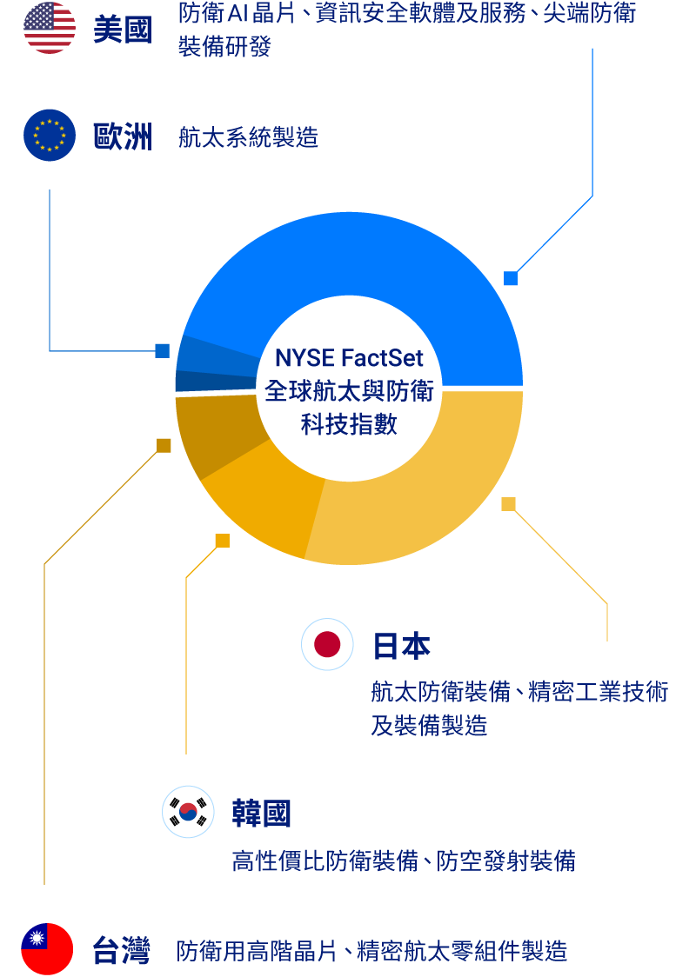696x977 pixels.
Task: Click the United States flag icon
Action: click(50, 28)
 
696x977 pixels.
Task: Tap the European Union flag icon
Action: click(50, 136)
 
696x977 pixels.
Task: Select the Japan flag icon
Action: click(327, 644)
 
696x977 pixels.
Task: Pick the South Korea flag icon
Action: click(188, 812)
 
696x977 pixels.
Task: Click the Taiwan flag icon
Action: click(47, 949)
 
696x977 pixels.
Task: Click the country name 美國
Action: click(123, 30)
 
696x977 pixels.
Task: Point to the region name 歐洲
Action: click(123, 137)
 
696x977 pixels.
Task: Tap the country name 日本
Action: click(401, 647)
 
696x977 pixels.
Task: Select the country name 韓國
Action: click(261, 814)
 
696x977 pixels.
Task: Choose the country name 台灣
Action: click(122, 951)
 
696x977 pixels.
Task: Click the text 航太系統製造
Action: click(248, 137)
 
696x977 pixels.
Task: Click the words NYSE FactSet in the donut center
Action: click(349, 358)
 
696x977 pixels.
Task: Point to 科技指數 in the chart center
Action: click(349, 424)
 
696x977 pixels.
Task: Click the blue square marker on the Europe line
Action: click(162, 351)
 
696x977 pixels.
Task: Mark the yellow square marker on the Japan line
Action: click(508, 504)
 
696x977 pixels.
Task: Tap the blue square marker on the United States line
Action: click(511, 278)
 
